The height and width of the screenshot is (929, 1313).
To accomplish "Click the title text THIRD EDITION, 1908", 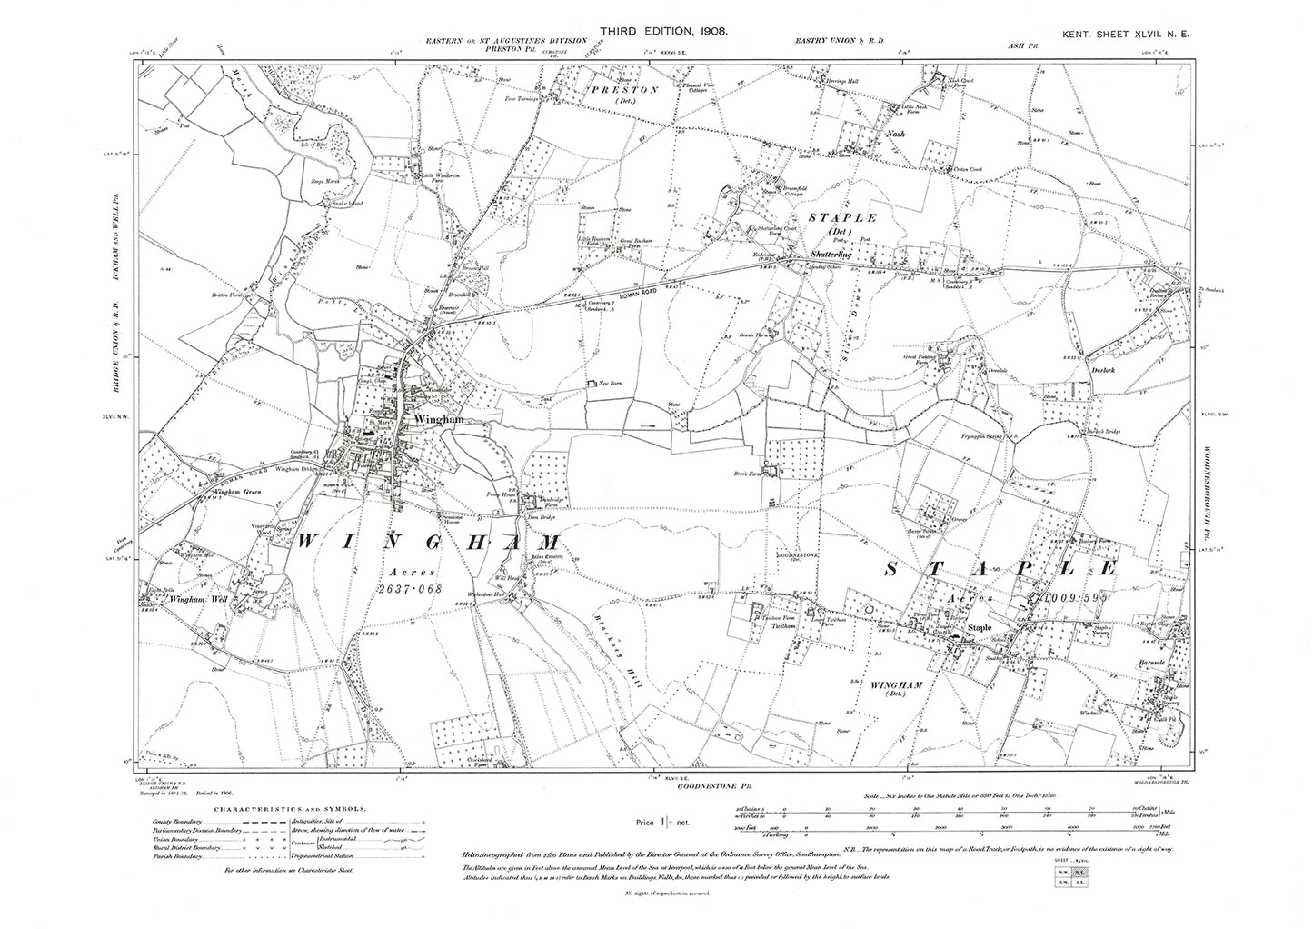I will point(657,31).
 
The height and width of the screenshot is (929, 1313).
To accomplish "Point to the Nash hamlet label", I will point(896,133).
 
